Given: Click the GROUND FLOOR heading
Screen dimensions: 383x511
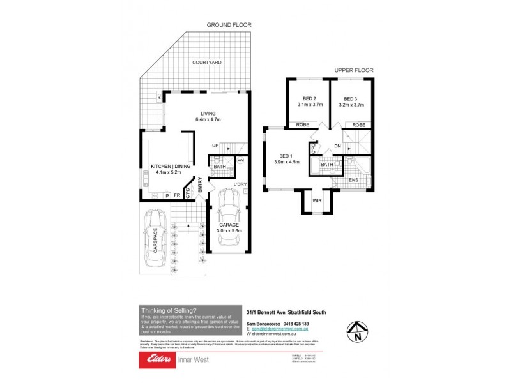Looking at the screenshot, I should click(229, 25).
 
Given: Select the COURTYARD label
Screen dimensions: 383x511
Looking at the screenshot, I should click(208, 63).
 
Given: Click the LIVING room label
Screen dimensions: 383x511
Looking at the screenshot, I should click(207, 114).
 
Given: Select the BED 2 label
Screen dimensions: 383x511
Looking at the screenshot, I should click(310, 99).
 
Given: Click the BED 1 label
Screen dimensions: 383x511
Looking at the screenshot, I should click(285, 156).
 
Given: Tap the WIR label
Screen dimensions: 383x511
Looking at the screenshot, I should click(316, 201).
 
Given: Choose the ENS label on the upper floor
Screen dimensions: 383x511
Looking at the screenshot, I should click(354, 181).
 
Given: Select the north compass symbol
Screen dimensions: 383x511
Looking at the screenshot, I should click(356, 333).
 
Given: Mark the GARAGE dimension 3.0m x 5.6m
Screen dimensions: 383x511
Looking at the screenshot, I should click(230, 231).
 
